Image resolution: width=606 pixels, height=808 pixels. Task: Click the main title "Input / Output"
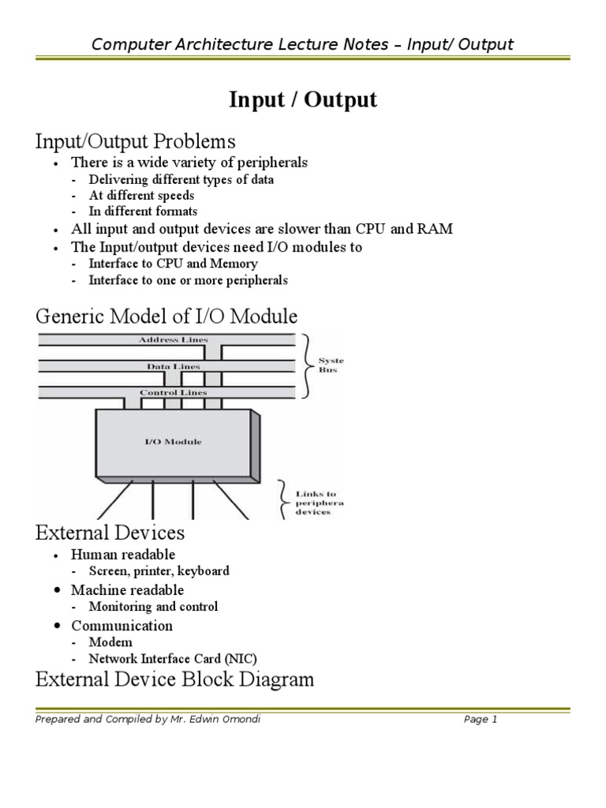[303, 100]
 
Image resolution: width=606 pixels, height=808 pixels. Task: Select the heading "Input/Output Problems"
[136, 141]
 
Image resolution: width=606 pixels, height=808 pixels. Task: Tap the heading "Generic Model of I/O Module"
[166, 316]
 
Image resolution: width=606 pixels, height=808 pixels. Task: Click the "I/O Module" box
[173, 442]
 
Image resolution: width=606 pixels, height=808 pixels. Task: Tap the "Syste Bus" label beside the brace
[331, 365]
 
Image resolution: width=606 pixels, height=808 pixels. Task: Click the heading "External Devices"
[110, 533]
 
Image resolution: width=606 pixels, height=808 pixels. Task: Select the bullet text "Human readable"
[123, 555]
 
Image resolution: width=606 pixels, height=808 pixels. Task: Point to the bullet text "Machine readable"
[127, 590]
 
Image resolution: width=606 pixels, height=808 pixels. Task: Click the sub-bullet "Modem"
[110, 642]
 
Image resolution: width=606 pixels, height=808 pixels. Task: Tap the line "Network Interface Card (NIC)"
[173, 659]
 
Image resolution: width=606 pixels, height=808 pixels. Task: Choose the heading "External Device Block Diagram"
[174, 679]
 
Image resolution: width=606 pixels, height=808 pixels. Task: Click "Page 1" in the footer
[481, 719]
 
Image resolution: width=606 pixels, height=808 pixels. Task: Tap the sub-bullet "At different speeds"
[141, 196]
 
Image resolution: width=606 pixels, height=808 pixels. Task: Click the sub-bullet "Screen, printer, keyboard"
[159, 571]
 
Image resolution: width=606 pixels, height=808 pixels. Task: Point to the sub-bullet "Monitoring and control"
[153, 607]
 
